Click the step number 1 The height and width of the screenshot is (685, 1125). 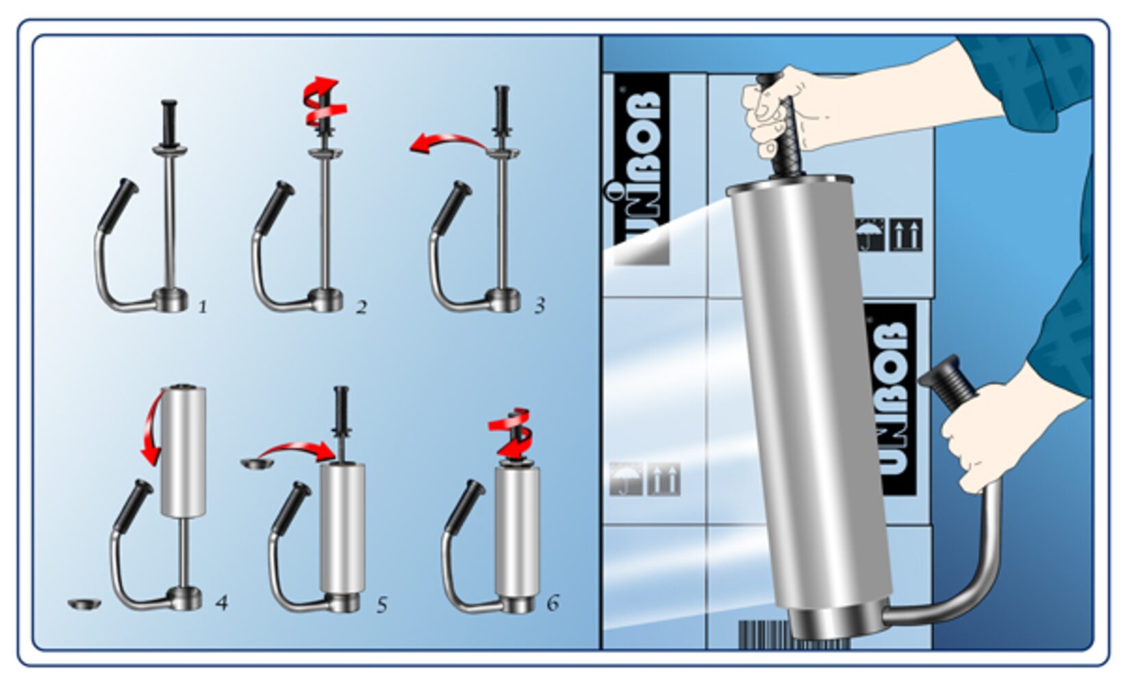[203, 306]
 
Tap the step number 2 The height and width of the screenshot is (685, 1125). [362, 307]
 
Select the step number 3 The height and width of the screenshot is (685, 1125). [540, 305]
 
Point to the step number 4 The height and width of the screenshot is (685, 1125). [221, 603]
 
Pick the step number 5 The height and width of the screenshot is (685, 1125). [382, 605]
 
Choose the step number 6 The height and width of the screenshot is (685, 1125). [553, 602]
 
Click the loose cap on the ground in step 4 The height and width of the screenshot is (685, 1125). [84, 603]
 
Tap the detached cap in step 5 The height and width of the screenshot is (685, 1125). [257, 464]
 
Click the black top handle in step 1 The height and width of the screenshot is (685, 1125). [169, 123]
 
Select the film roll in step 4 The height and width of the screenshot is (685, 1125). [183, 451]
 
